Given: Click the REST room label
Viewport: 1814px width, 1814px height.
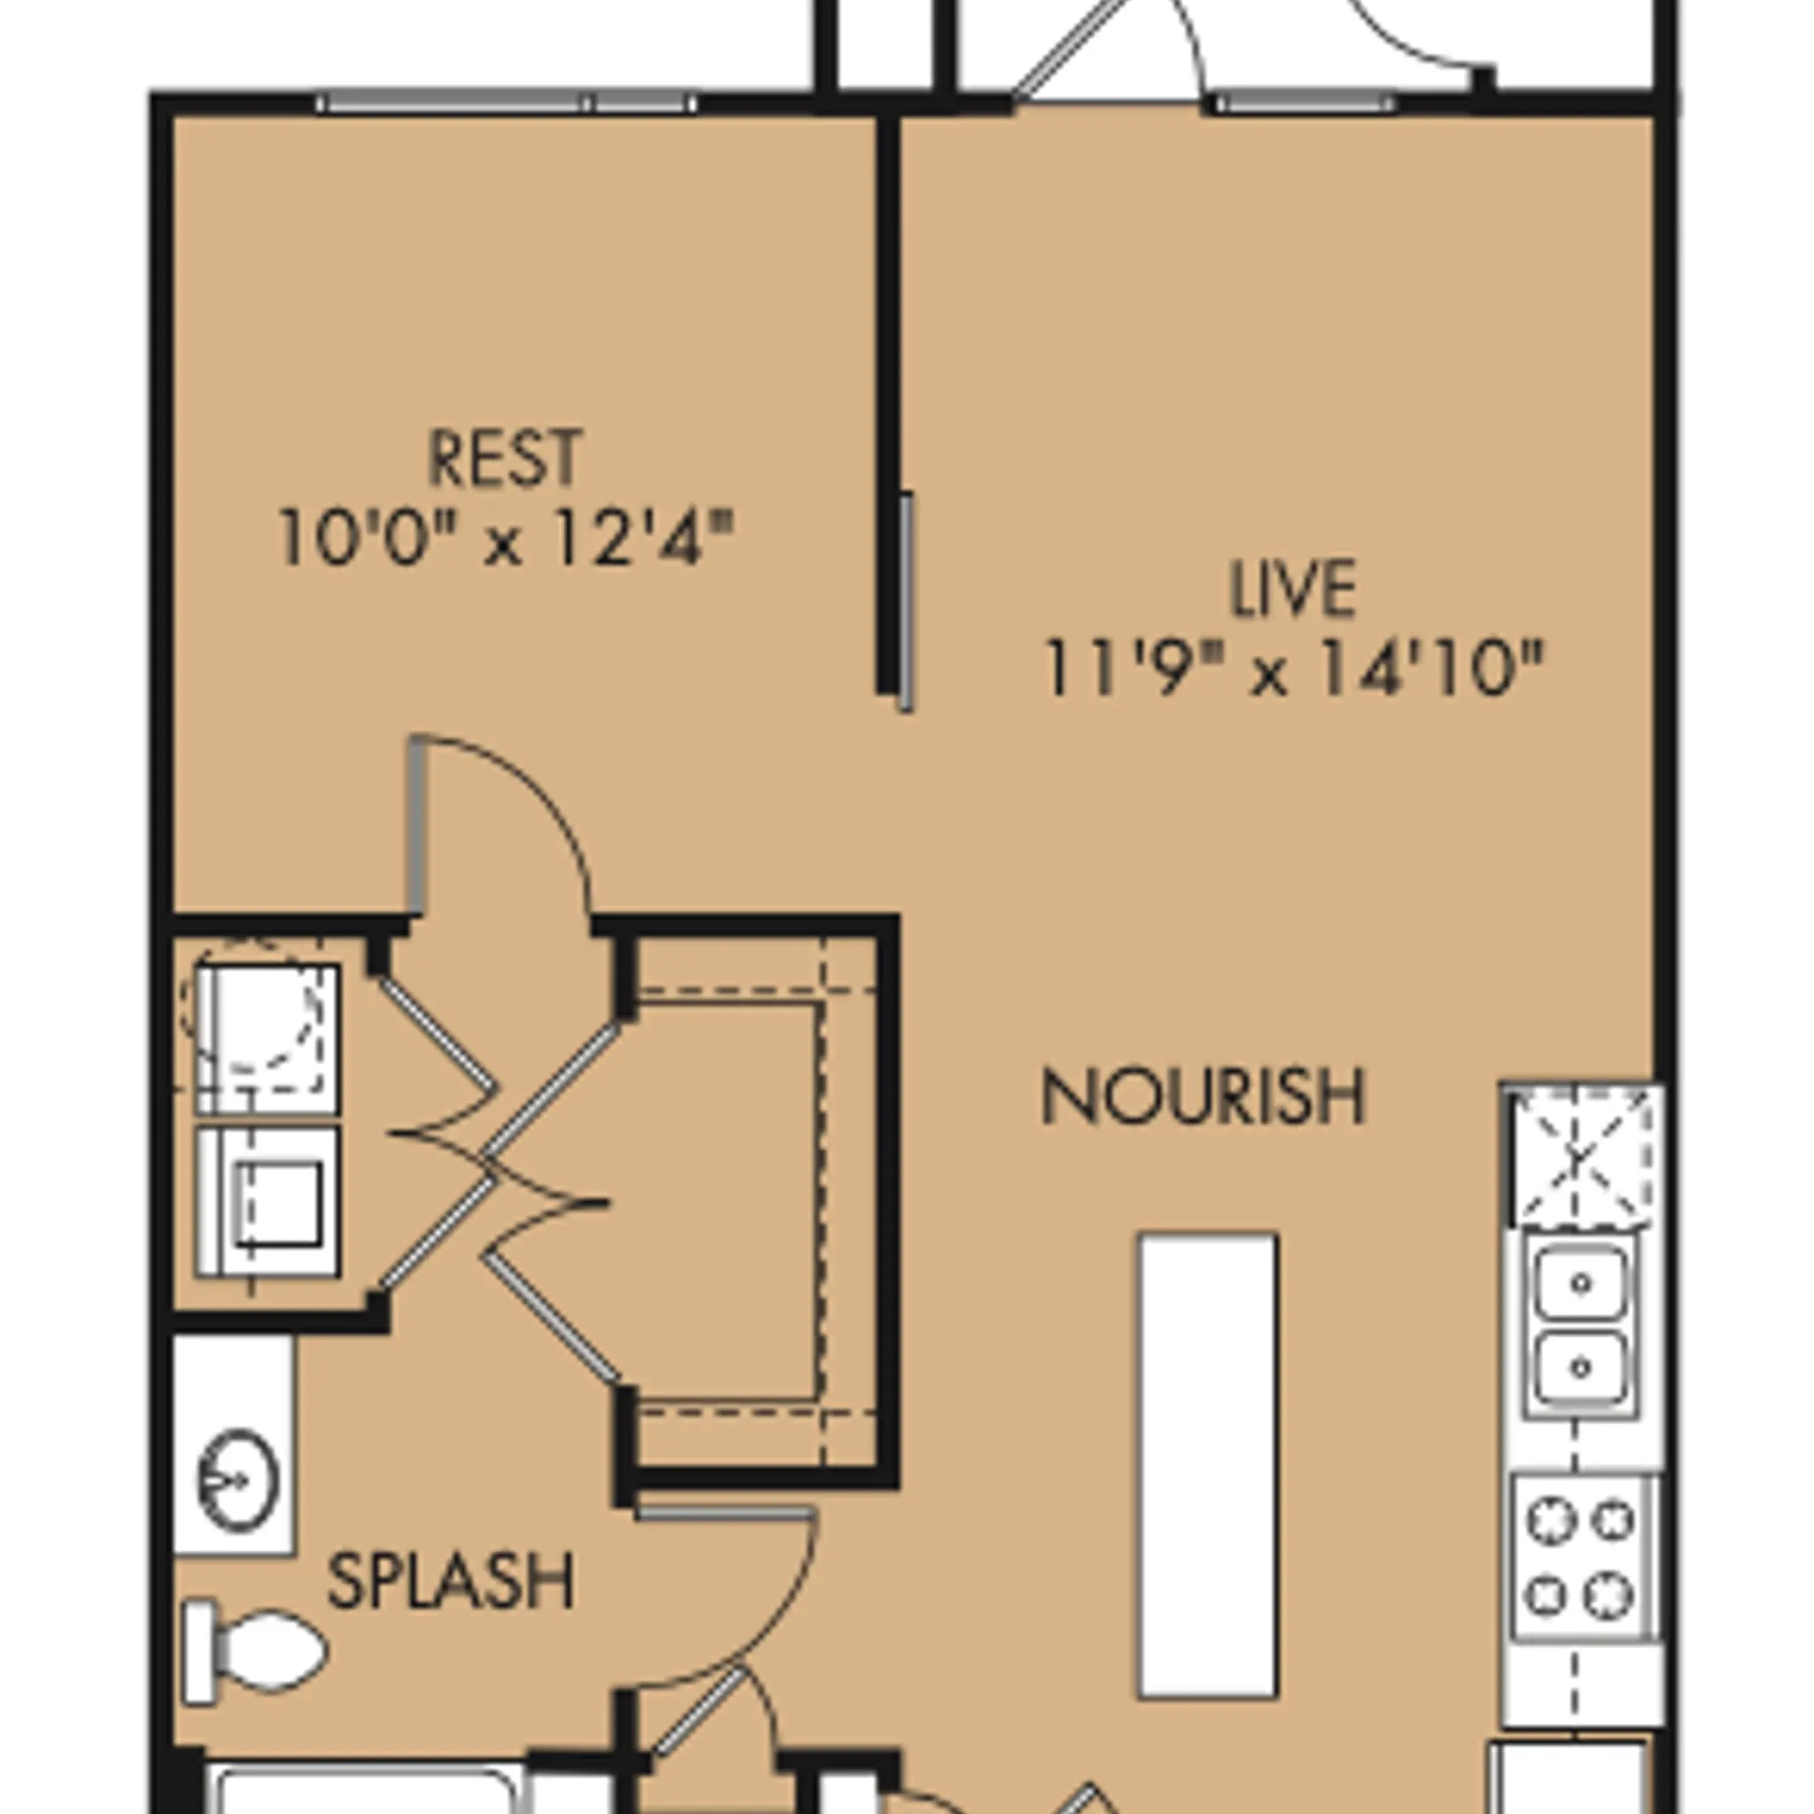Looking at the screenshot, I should click(x=505, y=458).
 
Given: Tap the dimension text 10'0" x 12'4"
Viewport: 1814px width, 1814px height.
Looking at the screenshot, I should click(x=505, y=539).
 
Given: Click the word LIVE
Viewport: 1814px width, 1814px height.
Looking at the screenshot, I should click(x=1292, y=590).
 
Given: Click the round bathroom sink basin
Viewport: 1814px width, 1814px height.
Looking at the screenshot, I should click(x=237, y=1481).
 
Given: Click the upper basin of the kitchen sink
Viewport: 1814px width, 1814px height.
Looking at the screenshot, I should click(x=1581, y=1283).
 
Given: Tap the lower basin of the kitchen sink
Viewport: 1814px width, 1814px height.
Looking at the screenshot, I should click(x=1581, y=1367).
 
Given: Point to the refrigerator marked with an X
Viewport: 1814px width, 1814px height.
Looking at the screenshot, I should click(x=1583, y=1157).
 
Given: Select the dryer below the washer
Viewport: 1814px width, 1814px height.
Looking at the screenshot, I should click(x=267, y=1203).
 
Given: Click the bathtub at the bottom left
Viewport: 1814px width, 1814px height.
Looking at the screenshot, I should click(x=366, y=1788).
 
